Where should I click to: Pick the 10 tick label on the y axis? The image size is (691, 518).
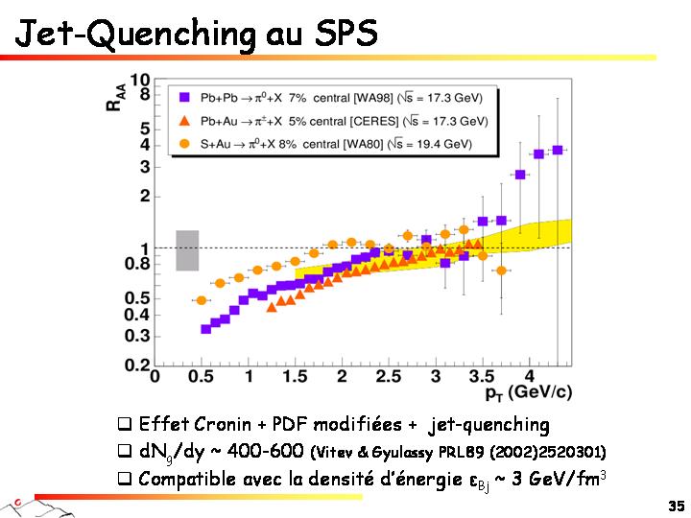[x=139, y=81]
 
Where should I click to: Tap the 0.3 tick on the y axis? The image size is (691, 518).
[x=139, y=335]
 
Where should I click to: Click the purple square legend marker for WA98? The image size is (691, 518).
[x=184, y=97]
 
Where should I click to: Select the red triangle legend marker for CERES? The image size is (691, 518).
[x=184, y=121]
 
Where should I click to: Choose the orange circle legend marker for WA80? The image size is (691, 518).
[x=184, y=144]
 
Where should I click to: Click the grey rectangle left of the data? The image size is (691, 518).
[x=187, y=250]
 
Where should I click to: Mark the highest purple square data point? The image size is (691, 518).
[x=557, y=150]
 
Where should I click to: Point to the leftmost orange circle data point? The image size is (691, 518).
[x=202, y=300]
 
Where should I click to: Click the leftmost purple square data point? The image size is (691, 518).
[x=205, y=329]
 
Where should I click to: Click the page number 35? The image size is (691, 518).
[x=676, y=505]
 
